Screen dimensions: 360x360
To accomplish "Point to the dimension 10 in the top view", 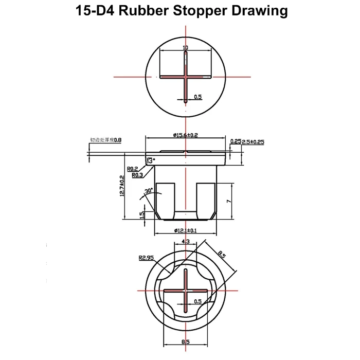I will (185, 48).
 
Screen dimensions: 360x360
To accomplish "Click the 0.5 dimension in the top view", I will (197, 96).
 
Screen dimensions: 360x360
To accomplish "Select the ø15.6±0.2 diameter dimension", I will (186, 135).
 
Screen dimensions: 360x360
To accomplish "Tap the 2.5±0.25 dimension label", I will (253, 141).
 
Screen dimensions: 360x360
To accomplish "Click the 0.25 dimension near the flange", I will (236, 141).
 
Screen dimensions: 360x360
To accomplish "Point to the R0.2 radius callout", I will (132, 169).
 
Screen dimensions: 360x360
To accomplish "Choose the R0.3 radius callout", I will (137, 175).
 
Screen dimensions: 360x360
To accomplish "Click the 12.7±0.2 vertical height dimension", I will (122, 186).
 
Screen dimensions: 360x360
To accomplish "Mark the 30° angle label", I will (149, 191).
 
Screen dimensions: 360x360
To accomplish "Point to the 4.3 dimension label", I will (186, 241).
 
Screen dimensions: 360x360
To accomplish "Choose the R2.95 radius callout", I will (146, 259).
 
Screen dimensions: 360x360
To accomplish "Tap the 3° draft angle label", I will (151, 160).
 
